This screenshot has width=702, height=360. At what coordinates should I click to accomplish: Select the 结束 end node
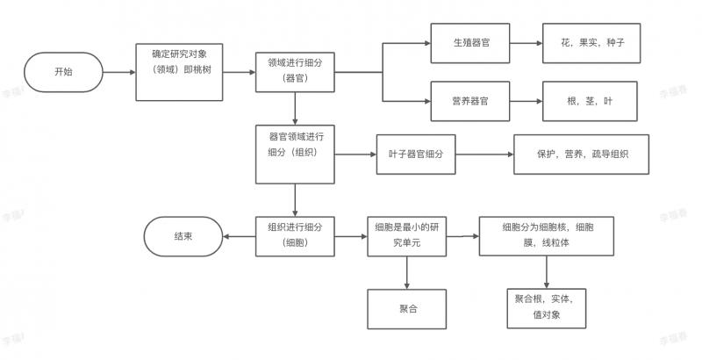tap(183, 236)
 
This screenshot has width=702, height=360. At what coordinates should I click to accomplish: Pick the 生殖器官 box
tap(470, 41)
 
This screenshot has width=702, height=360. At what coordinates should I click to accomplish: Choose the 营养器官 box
tap(470, 101)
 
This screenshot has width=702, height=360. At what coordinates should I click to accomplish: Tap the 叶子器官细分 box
tap(416, 155)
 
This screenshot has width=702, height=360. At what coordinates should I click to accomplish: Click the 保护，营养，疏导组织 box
tap(581, 155)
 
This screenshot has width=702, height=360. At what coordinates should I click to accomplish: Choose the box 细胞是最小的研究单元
tap(408, 235)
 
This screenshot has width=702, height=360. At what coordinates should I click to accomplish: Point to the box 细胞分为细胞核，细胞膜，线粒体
tap(548, 235)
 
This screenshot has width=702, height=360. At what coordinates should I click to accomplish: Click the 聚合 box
tap(408, 308)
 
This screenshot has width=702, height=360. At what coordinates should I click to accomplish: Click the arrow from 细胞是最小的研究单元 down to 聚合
tap(408, 272)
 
